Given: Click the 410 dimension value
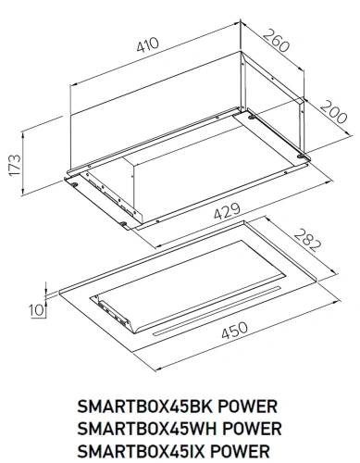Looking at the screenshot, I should [145, 43].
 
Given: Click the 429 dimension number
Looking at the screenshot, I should [222, 211].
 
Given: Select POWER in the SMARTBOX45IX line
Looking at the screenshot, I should [247, 451].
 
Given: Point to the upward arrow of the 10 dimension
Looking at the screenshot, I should [43, 287].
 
